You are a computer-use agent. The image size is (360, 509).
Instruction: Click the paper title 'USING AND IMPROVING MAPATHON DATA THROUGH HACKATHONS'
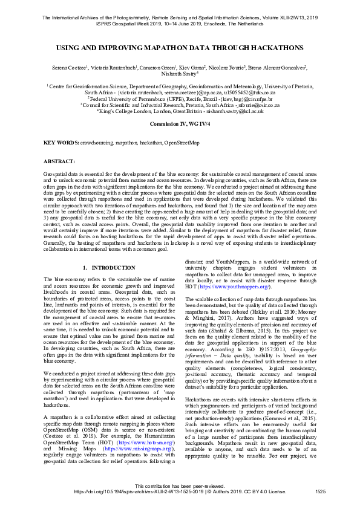[180, 47]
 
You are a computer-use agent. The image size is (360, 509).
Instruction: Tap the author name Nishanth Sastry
[179, 75]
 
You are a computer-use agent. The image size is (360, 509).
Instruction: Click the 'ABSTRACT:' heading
[59, 162]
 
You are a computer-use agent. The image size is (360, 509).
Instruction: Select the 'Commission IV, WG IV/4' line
[180, 123]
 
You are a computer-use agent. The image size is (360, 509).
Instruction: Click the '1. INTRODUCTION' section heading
[108, 267]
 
